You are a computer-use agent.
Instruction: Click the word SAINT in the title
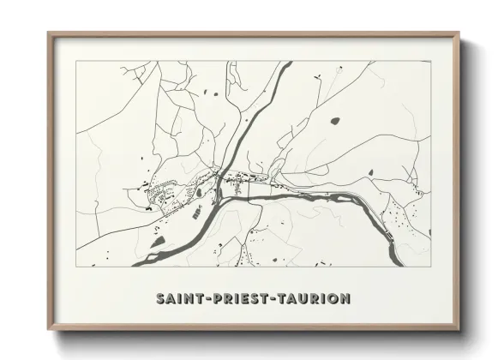coord(177,299)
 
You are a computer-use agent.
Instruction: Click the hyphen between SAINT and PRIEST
coord(202,299)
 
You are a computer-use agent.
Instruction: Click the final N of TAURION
coord(345,299)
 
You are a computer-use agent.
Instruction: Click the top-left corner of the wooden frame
coord(48,33)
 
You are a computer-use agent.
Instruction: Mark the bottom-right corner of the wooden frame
coord(459,330)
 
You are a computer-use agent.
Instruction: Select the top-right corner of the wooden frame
coord(459,33)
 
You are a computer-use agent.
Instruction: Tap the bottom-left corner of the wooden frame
coord(48,330)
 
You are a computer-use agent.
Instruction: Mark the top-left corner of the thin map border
coord(76,62)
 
